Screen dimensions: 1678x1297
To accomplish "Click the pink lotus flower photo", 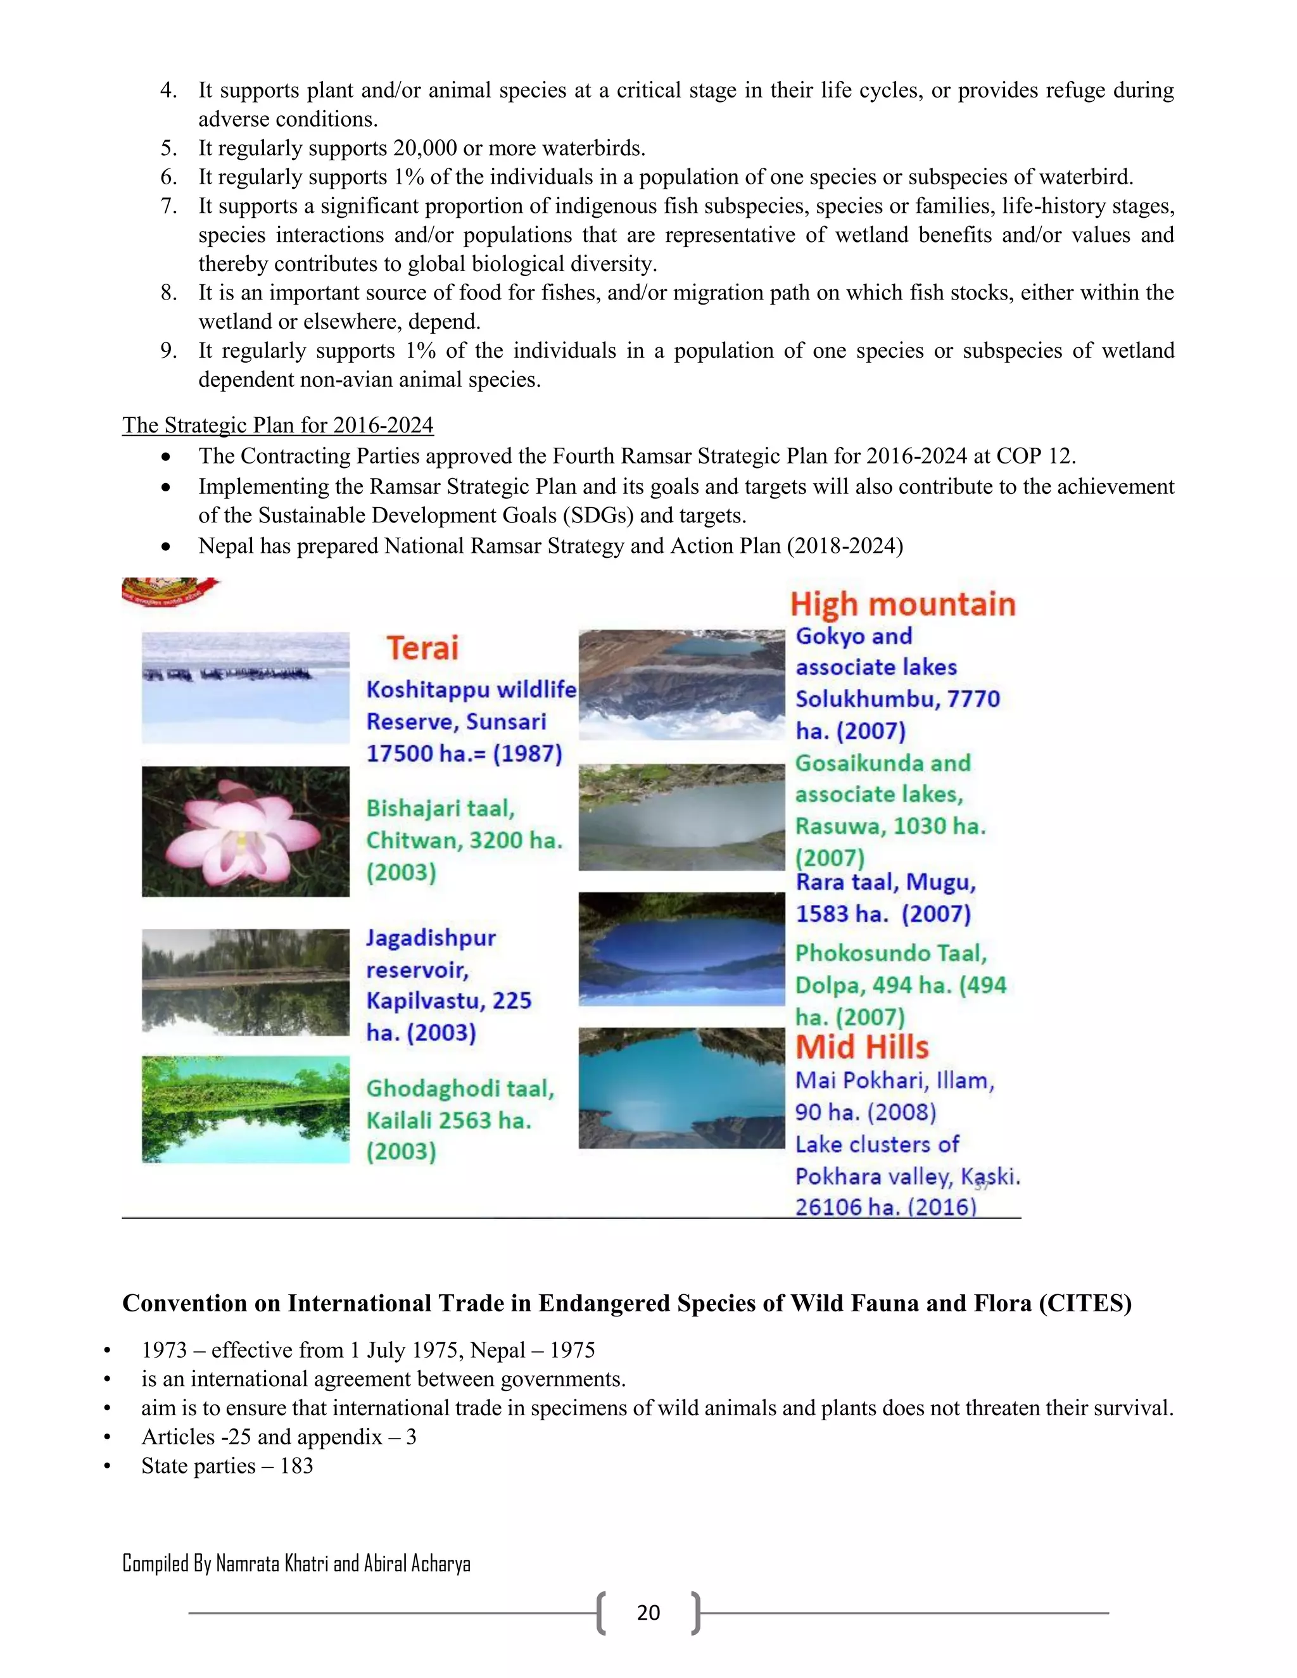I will coord(245,831).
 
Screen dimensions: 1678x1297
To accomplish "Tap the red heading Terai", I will coord(422,648).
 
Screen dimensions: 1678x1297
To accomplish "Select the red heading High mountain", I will coord(903,605).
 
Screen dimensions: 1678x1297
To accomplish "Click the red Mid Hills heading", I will coord(861,1048).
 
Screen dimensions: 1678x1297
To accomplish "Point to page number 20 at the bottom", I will coord(648,1612).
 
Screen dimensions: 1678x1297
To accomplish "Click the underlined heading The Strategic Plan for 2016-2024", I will coord(277,425).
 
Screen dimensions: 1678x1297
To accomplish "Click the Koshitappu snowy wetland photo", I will coord(245,687).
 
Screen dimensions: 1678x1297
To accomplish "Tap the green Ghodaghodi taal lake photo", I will coord(245,1109).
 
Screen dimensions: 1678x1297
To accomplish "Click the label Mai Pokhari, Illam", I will coord(894,1080).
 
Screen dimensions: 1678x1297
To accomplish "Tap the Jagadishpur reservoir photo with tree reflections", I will coord(245,982).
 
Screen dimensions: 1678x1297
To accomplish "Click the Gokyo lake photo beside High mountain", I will coord(681,684).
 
